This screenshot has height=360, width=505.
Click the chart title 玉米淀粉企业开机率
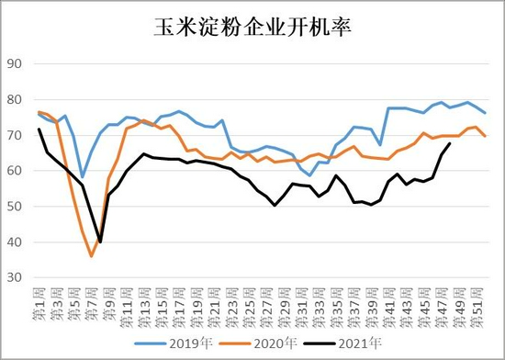[252, 28]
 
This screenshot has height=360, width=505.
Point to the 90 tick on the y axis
[16, 64]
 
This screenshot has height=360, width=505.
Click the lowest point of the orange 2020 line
[92, 256]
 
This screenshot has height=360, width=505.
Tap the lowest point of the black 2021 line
[100, 242]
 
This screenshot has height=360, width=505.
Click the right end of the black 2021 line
[449, 144]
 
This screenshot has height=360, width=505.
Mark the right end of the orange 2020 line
[485, 136]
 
